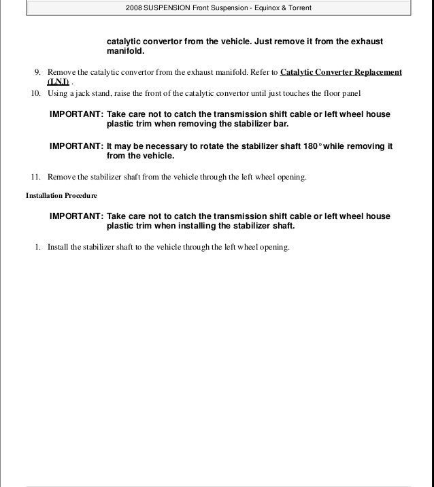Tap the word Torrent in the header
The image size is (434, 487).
297,7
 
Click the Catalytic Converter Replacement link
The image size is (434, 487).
341,72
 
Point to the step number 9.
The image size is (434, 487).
38,72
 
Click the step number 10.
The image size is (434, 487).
36,93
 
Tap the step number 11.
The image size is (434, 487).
36,178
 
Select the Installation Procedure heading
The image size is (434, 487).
61,196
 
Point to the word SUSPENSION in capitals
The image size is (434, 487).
167,7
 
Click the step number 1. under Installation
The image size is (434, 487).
38,247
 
